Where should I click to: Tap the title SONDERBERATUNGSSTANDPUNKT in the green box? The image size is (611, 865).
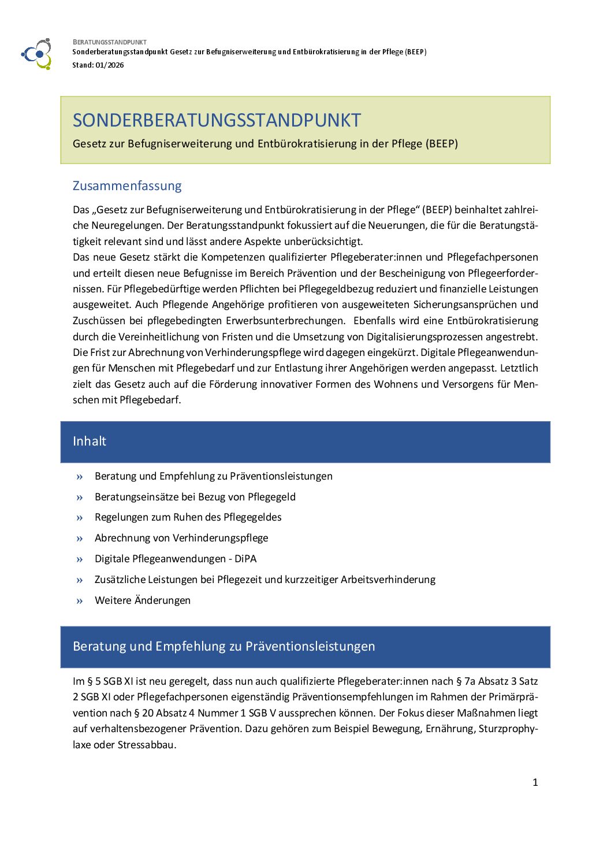click(217, 120)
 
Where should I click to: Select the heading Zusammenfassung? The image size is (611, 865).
click(127, 185)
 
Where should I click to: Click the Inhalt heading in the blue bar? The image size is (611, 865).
click(90, 441)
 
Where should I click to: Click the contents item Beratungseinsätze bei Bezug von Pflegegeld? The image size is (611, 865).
click(195, 497)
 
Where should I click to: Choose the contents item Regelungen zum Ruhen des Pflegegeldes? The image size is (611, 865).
click(188, 517)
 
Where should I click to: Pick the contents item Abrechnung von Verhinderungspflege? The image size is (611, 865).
click(181, 538)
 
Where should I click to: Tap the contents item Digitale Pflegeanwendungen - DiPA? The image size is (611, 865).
click(176, 559)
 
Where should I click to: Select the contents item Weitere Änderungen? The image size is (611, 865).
click(143, 600)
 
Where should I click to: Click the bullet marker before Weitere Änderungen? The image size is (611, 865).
click(80, 601)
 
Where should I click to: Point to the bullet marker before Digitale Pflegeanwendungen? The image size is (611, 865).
click(80, 559)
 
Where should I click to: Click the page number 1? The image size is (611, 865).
click(535, 782)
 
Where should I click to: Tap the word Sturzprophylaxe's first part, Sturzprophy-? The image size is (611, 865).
click(508, 729)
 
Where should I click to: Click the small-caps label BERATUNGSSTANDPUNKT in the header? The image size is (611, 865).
click(110, 42)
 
